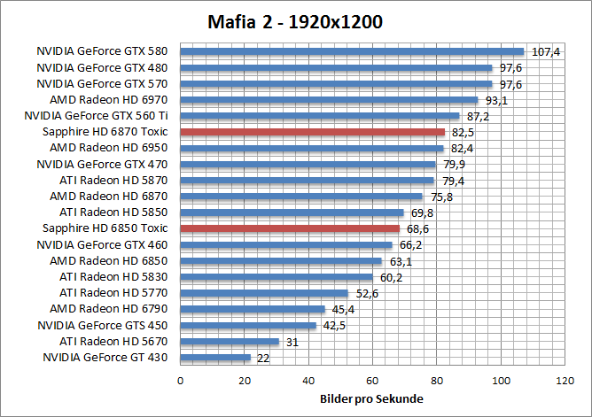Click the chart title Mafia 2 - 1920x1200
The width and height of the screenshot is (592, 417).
pyautogui.click(x=296, y=21)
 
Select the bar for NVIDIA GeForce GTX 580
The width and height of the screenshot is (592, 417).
pyautogui.click(x=352, y=51)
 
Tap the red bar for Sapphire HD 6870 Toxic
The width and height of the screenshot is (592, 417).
pyautogui.click(x=312, y=132)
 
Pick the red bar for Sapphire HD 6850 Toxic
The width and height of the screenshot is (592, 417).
pyautogui.click(x=290, y=228)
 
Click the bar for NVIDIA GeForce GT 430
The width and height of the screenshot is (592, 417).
pyautogui.click(x=215, y=358)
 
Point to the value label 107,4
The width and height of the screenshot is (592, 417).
pyautogui.click(x=545, y=52)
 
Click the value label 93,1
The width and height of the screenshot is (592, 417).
pyautogui.click(x=495, y=101)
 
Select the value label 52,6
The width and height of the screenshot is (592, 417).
pyautogui.click(x=366, y=294)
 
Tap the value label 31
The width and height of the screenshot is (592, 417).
pyautogui.click(x=292, y=343)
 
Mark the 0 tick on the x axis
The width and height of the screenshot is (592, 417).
pyautogui.click(x=181, y=381)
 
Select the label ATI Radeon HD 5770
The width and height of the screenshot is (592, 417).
pyautogui.click(x=116, y=293)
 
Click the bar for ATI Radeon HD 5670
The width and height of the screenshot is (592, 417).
pyautogui.click(x=230, y=342)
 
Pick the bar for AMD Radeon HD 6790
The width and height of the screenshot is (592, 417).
pyautogui.click(x=253, y=309)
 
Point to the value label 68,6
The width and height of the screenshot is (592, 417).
pyautogui.click(x=417, y=229)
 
